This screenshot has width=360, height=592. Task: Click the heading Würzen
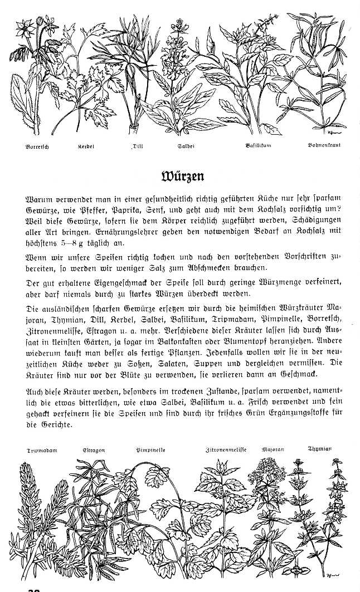(x=181, y=177)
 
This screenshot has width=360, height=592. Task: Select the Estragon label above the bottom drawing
(x=94, y=449)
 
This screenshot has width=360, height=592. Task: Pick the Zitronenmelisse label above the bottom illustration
(x=226, y=448)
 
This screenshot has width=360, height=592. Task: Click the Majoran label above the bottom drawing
(x=273, y=448)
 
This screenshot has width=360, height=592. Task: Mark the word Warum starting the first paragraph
(x=38, y=198)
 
